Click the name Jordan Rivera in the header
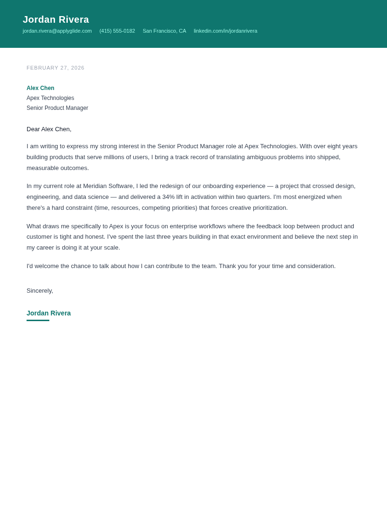56,19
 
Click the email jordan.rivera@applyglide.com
57,31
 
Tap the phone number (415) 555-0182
117,31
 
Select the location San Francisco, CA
165,31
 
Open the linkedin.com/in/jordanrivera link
225,31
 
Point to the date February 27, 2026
55,68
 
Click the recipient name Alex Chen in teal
40,88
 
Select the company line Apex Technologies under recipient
50,98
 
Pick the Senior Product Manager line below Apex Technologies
57,108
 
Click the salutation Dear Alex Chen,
49,129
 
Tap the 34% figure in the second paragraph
168,197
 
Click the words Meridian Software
109,186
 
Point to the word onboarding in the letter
219,186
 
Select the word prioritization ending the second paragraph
267,208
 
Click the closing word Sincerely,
40,291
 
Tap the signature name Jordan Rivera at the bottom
48,313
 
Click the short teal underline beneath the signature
38,321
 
